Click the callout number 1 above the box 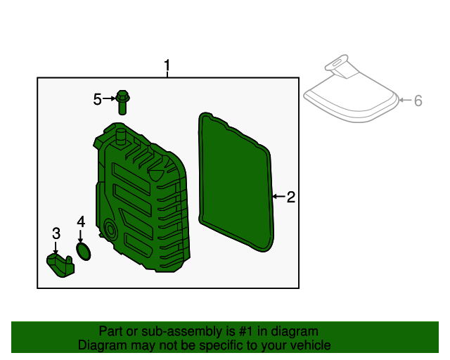tap(167, 67)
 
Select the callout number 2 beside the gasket tap(290, 198)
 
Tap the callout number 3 tap(56, 233)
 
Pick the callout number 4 tap(81, 221)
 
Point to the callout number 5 tap(98, 100)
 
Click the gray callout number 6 tap(418, 101)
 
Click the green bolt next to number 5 tap(123, 102)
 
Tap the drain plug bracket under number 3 tap(60, 266)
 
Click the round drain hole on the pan tap(110, 230)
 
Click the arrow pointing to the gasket tap(278, 198)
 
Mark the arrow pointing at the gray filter tap(404, 101)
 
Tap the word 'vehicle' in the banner tap(310, 345)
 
